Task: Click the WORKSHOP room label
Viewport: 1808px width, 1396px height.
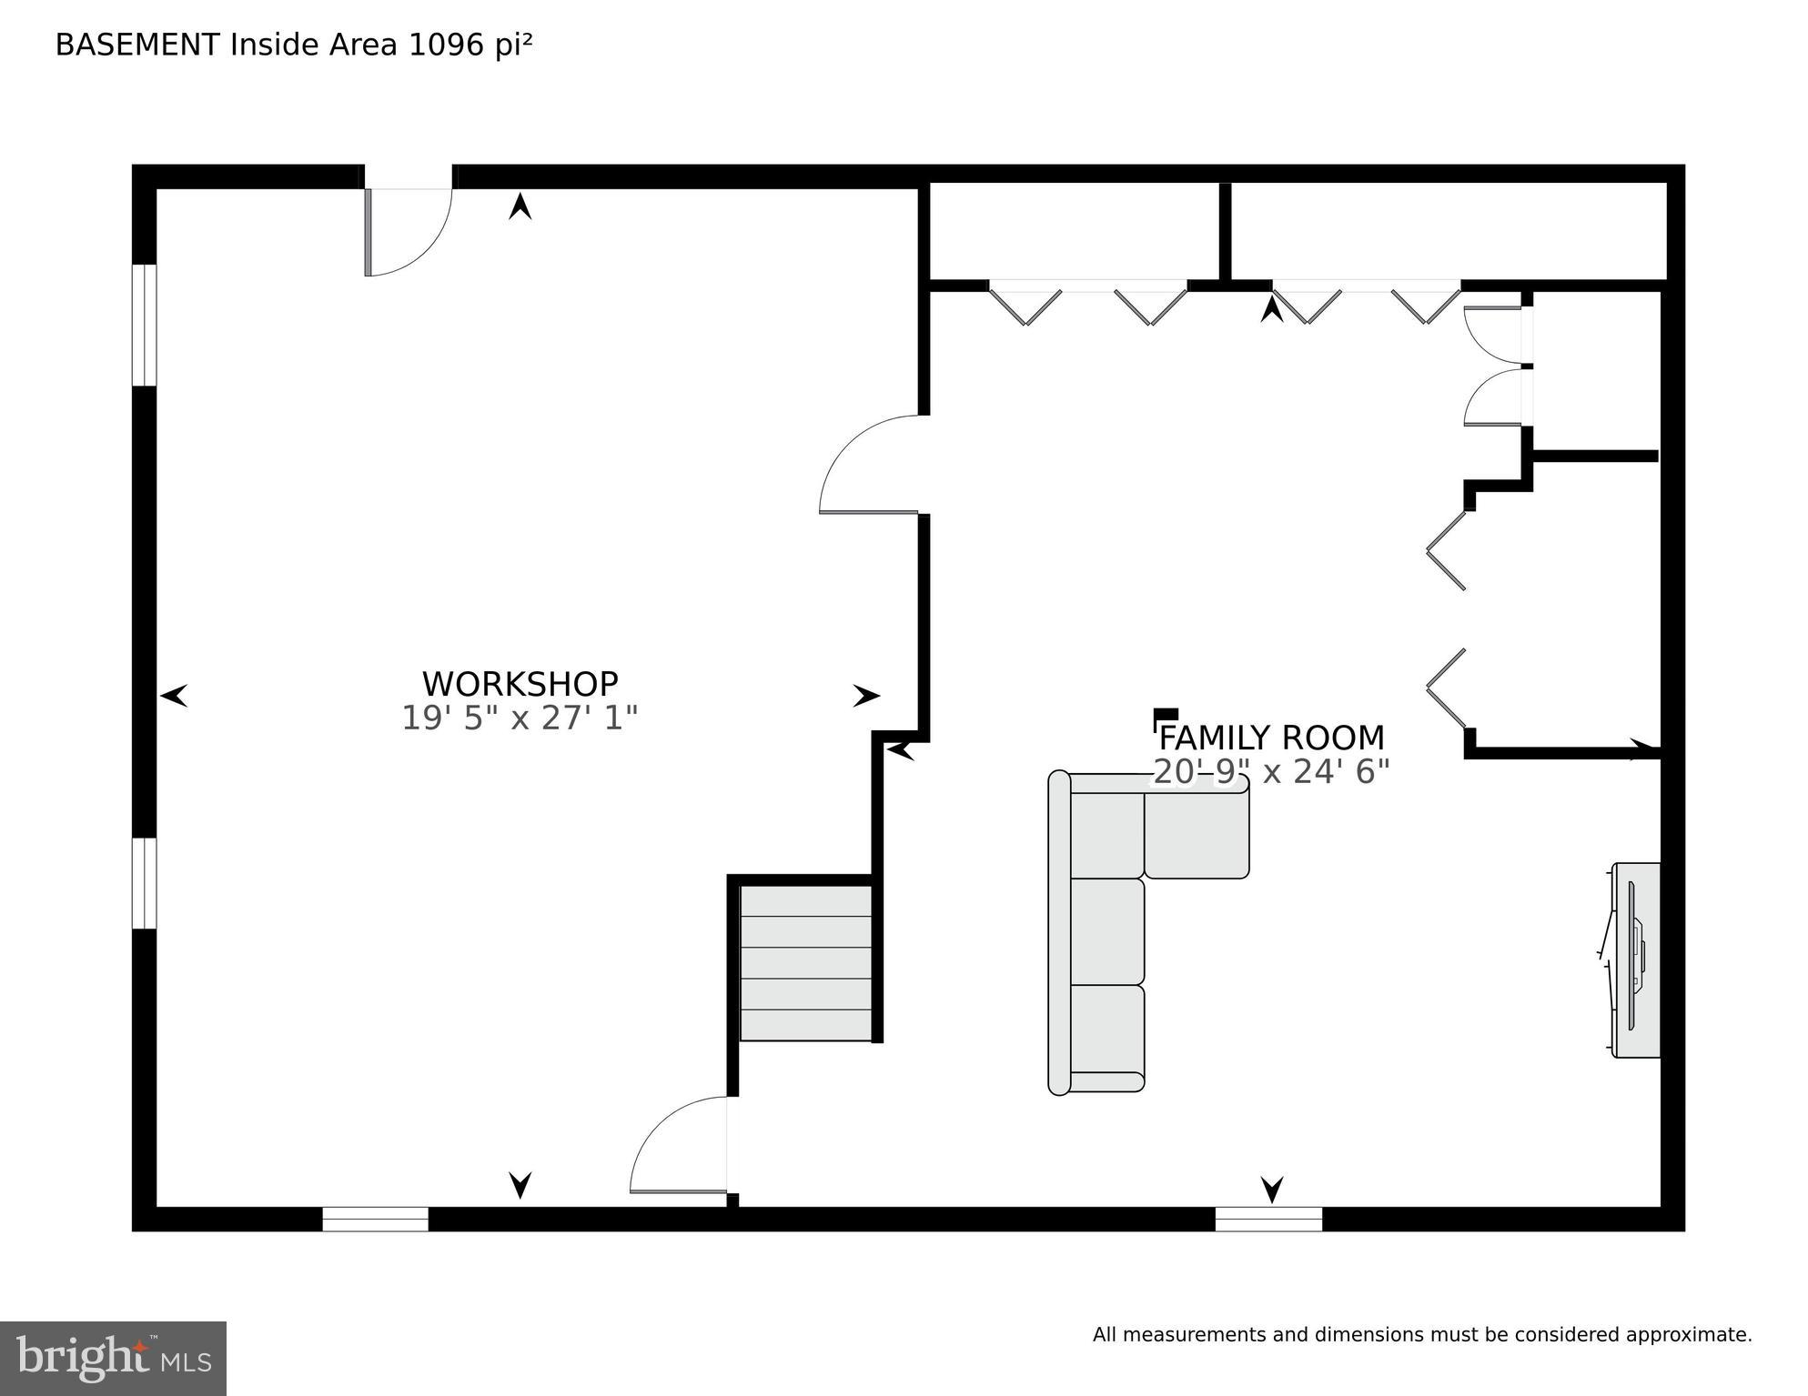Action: [520, 684]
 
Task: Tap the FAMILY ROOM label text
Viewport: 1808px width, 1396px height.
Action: [1271, 738]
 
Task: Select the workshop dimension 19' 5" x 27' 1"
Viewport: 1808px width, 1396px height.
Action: [520, 718]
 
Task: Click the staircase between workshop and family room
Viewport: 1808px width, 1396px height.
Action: [805, 963]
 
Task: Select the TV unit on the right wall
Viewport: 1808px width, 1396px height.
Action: [1636, 959]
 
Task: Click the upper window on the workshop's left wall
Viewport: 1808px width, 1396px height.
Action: [144, 325]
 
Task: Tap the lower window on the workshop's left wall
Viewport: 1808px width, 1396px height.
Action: [144, 882]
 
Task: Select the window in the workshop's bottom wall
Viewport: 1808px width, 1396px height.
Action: [375, 1219]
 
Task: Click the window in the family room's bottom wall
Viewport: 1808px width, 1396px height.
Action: [1268, 1219]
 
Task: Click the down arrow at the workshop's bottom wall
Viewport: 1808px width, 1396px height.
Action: [520, 1185]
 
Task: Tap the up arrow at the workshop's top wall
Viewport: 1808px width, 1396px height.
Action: [520, 206]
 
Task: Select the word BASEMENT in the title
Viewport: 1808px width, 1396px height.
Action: [137, 45]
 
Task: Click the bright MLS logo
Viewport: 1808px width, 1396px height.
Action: [113, 1358]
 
